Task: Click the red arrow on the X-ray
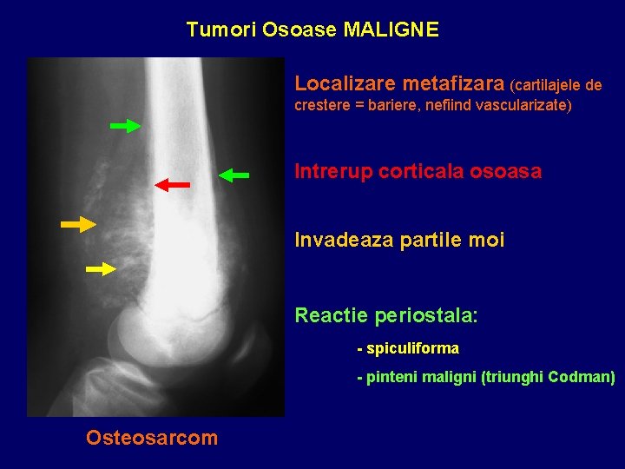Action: pyautogui.click(x=173, y=184)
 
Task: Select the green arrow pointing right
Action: pyautogui.click(x=126, y=126)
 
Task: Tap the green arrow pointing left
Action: pyautogui.click(x=234, y=175)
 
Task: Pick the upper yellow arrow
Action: pyautogui.click(x=78, y=225)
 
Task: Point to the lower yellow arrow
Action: pyautogui.click(x=101, y=269)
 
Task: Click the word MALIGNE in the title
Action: pyautogui.click(x=391, y=30)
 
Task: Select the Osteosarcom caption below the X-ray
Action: pyautogui.click(x=152, y=438)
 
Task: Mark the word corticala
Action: pyautogui.click(x=419, y=171)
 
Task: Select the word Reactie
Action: pyautogui.click(x=327, y=314)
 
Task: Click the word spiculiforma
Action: pyautogui.click(x=413, y=349)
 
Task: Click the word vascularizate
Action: pyautogui.click(x=521, y=106)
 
